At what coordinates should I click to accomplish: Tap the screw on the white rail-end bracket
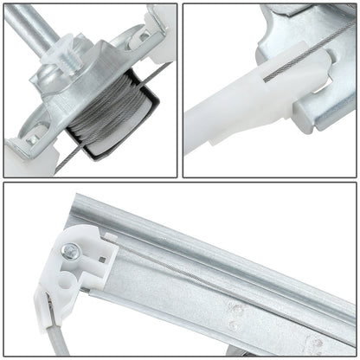(70, 252)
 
